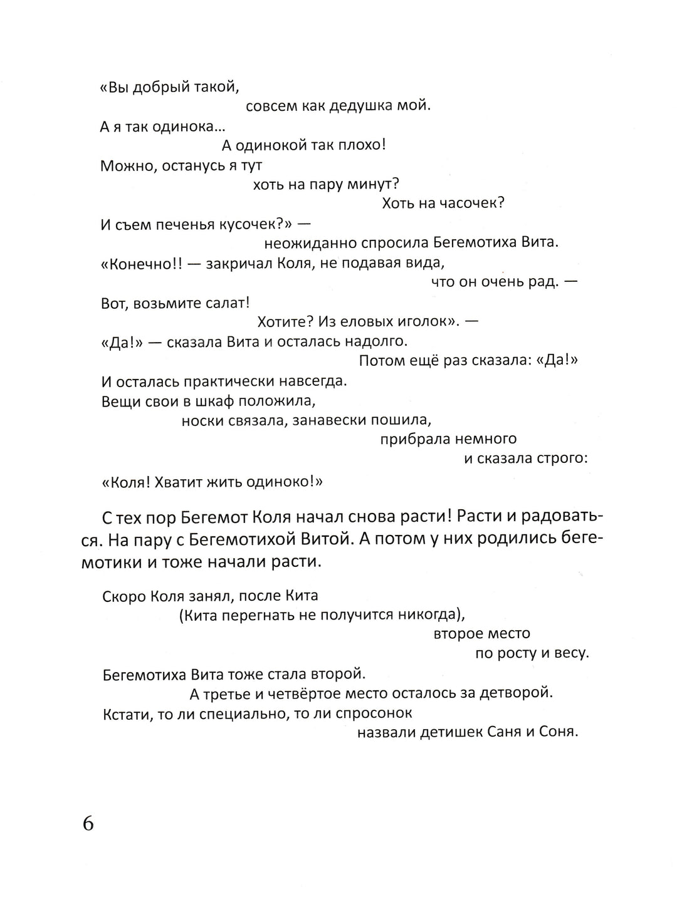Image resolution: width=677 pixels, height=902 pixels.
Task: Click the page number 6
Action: [88, 823]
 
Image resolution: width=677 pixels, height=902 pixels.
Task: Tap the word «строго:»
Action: [562, 459]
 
